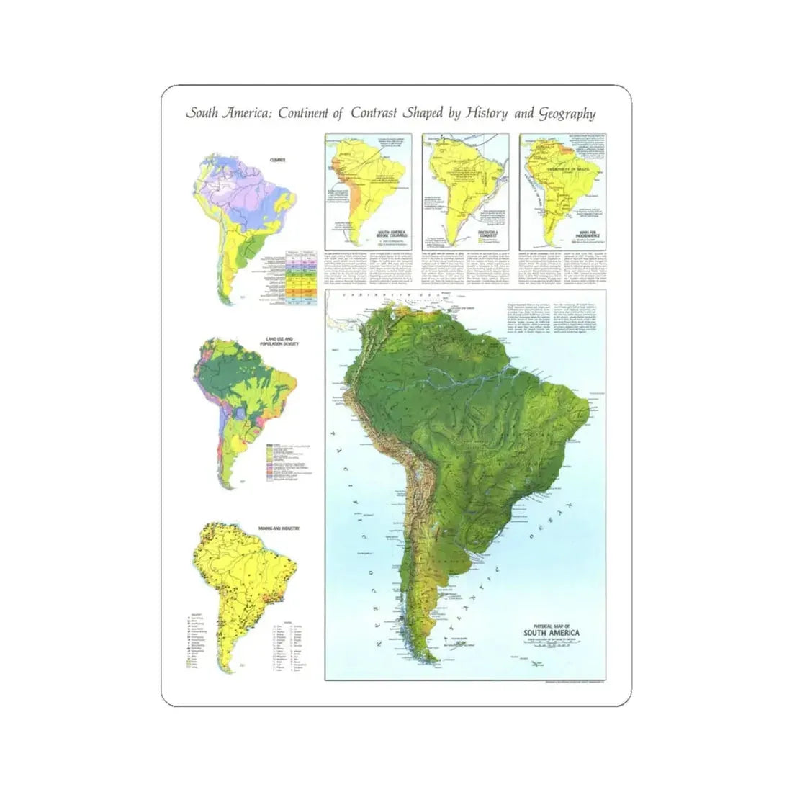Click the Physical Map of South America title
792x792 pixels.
550,629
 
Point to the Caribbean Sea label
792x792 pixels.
374,296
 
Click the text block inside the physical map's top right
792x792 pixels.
547,317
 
